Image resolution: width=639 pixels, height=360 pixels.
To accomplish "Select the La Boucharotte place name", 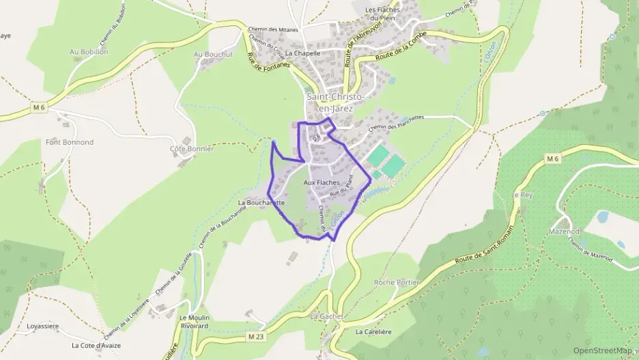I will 261,203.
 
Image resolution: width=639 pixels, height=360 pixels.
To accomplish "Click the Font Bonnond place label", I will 69,142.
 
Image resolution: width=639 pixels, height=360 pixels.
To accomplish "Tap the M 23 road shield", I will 256,337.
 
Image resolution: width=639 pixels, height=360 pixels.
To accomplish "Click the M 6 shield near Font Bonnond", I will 38,107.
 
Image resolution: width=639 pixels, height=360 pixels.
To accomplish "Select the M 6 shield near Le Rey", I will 552,159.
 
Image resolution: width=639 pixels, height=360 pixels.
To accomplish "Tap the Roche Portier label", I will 397,282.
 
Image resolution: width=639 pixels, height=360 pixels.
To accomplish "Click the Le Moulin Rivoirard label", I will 194,322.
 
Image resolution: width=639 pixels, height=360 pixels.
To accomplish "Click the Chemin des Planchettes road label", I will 396,122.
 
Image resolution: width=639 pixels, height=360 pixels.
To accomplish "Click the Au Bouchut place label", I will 213,54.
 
